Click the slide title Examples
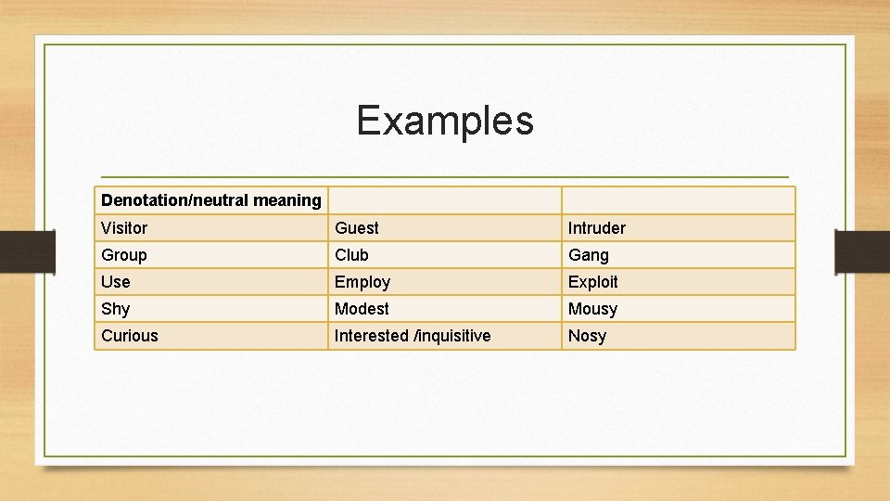[445, 121]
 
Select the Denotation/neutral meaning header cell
[210, 200]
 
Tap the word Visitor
[124, 228]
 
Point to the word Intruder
[596, 228]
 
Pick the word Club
[351, 255]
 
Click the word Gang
[589, 255]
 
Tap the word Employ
[362, 282]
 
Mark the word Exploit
[592, 282]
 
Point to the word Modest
[362, 309]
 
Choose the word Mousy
[592, 309]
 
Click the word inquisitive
[452, 336]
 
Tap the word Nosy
[587, 336]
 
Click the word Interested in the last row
[371, 336]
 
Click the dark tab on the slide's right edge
[861, 250]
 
